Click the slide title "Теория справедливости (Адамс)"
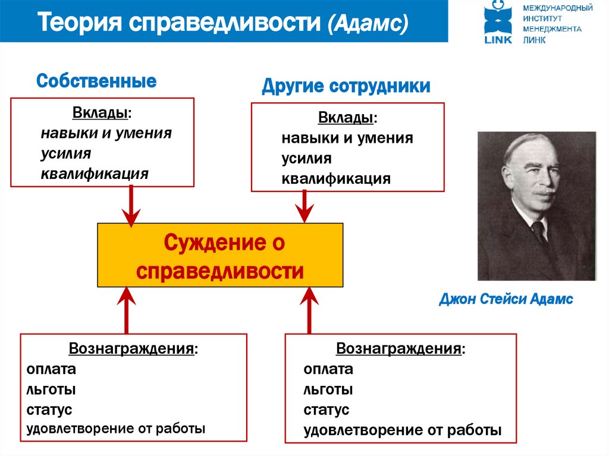[x=224, y=24]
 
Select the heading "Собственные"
[x=96, y=81]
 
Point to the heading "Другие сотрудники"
[x=346, y=87]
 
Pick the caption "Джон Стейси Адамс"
[x=506, y=299]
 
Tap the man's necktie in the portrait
[x=539, y=231]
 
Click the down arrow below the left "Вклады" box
[x=131, y=205]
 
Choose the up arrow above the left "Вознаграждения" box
[x=126, y=309]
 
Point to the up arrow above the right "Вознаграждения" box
[x=309, y=309]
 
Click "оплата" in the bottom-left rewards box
[x=51, y=369]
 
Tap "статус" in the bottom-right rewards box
[x=326, y=410]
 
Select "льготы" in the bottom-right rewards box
[x=328, y=389]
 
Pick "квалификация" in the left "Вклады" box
[x=95, y=174]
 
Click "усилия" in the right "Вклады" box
[x=306, y=159]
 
